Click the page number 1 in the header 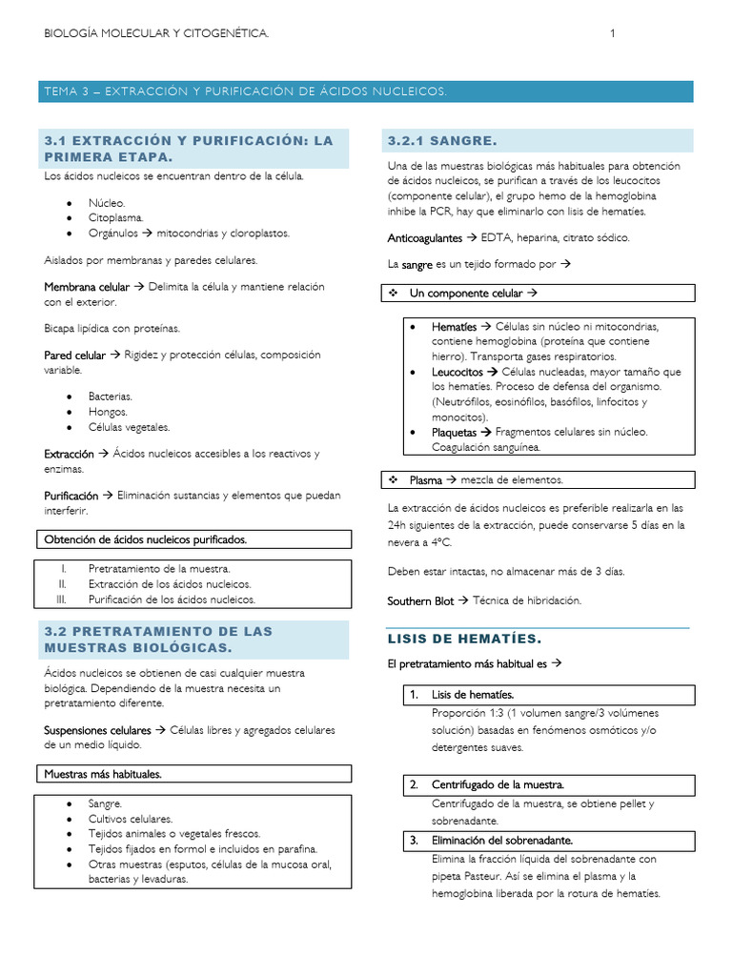[x=613, y=34]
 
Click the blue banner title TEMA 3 [x=245, y=91]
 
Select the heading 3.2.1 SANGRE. [x=441, y=141]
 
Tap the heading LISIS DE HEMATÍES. [x=464, y=639]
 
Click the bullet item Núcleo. [x=107, y=203]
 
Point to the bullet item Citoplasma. [x=115, y=218]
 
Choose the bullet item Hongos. [x=108, y=412]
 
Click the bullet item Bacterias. [x=111, y=396]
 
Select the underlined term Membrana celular [x=87, y=287]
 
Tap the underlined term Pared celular [x=75, y=356]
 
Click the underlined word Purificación [x=71, y=496]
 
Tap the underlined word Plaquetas [x=454, y=432]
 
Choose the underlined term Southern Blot [x=420, y=601]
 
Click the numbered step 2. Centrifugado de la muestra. [x=498, y=785]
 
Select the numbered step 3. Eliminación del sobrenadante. [x=501, y=841]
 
